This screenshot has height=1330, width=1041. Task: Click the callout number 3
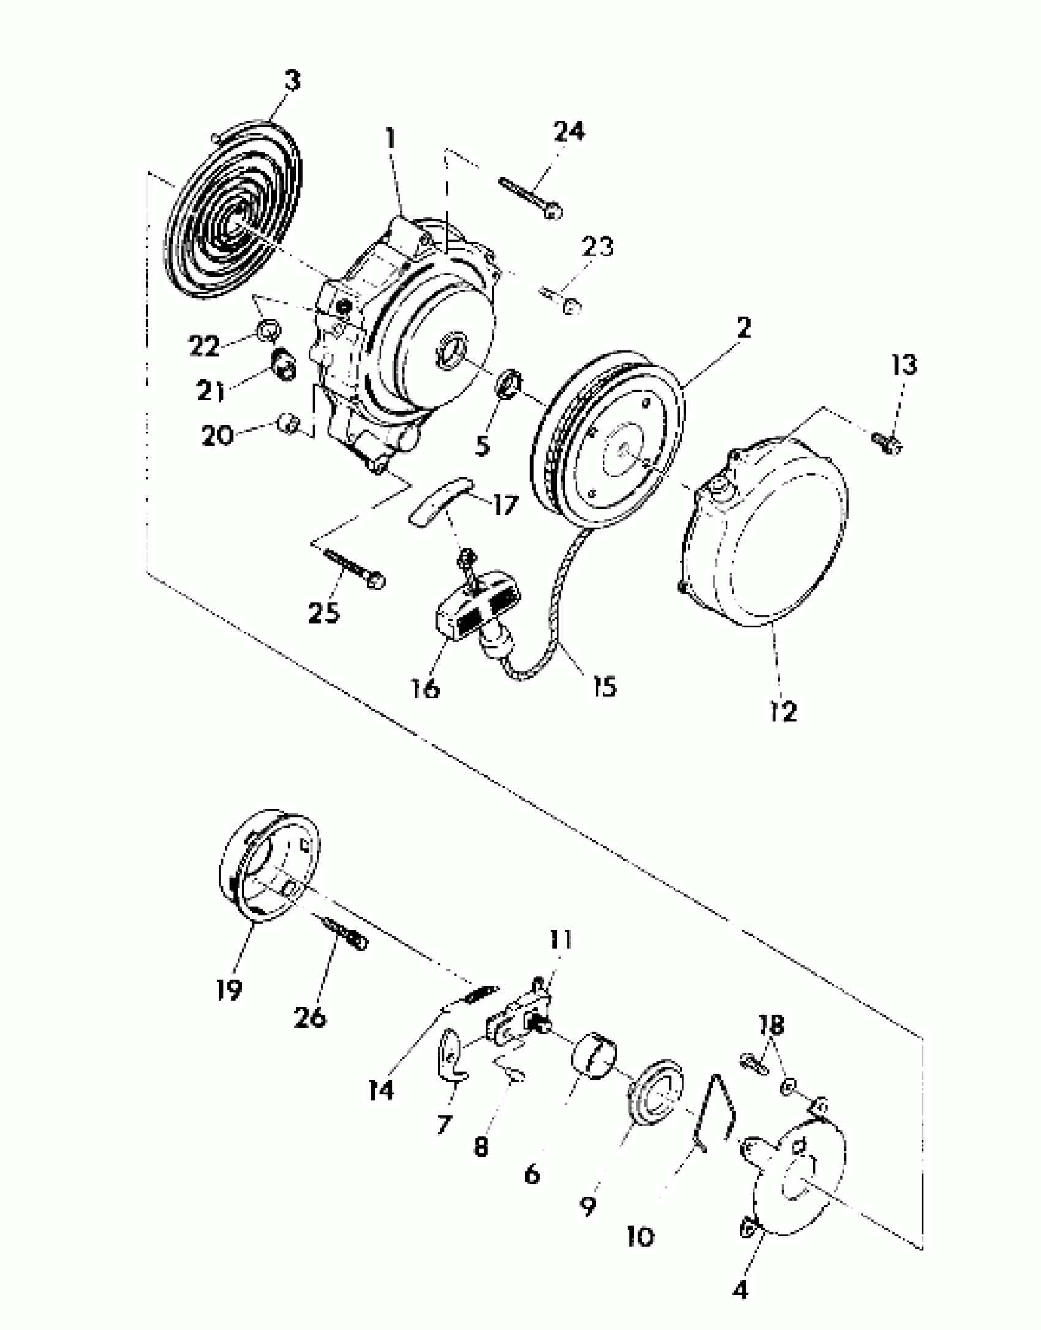[x=293, y=80]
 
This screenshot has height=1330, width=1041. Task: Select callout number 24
[x=569, y=131]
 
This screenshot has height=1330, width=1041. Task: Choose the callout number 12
[x=783, y=711]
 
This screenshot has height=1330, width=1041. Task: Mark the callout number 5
[x=483, y=446]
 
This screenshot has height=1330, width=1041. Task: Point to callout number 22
[x=204, y=346]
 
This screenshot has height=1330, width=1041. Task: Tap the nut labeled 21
[x=284, y=365]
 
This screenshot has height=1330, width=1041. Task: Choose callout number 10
[x=641, y=1237]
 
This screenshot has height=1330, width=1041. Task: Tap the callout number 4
[x=740, y=1291]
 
